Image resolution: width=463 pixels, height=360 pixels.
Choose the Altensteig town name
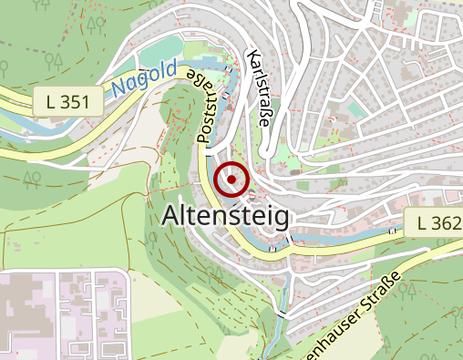pyautogui.click(x=225, y=217)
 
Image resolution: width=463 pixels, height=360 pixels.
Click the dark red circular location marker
pyautogui.click(x=232, y=180)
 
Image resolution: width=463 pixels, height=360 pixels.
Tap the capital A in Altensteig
pyautogui.click(x=170, y=217)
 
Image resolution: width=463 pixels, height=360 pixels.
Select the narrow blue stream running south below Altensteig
pyautogui.click(x=282, y=292)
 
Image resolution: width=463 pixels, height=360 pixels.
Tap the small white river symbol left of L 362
pyautogui.click(x=393, y=231)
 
